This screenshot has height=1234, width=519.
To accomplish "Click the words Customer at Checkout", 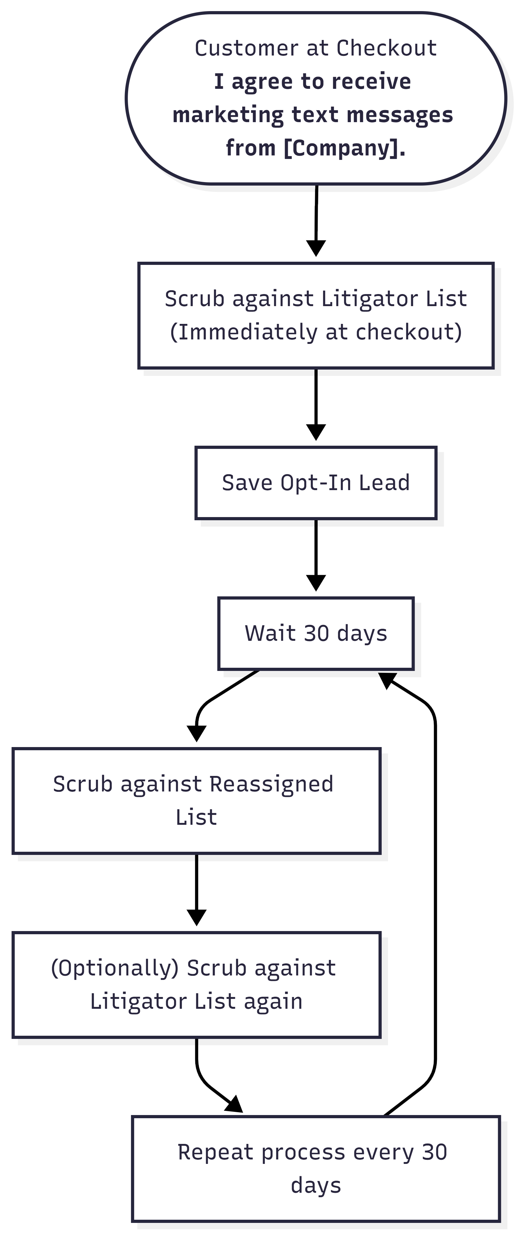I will [x=315, y=49].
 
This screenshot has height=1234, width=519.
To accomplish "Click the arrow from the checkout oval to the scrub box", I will [x=316, y=220].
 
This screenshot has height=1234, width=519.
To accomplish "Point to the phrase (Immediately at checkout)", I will [x=316, y=332].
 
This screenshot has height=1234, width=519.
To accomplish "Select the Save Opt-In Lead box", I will [x=316, y=483].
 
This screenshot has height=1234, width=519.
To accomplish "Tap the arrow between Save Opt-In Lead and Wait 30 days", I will [x=316, y=556].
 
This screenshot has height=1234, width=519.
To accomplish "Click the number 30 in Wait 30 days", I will [x=316, y=633].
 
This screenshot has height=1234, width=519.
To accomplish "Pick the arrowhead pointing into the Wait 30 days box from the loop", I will [x=387, y=679].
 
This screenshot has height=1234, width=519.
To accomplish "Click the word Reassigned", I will [x=271, y=784].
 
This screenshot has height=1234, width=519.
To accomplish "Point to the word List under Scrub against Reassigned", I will [x=196, y=817].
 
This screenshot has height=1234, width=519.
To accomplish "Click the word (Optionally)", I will [x=115, y=968].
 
